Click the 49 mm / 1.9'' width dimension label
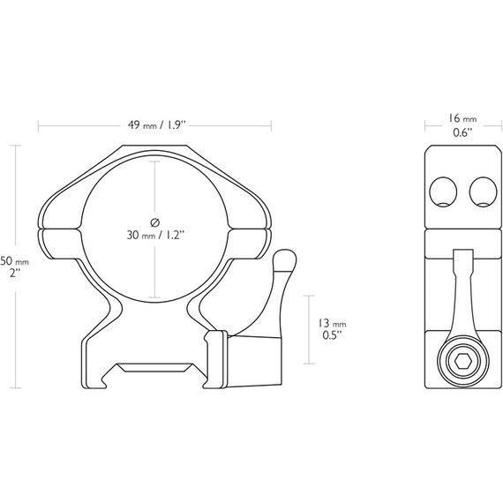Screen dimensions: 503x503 [x=157, y=124]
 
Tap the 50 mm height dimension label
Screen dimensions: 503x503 [x=14, y=261]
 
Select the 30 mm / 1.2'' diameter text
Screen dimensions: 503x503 [x=155, y=235]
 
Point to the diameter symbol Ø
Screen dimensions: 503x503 [x=155, y=222]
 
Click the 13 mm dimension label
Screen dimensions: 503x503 [x=332, y=323]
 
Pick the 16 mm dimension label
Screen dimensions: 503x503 [x=462, y=118]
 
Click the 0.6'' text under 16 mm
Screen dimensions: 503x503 [x=462, y=132]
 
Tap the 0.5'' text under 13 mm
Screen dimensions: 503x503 [x=332, y=335]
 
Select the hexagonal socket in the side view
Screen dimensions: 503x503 [x=463, y=363]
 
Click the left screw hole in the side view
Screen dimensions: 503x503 [x=443, y=191]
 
